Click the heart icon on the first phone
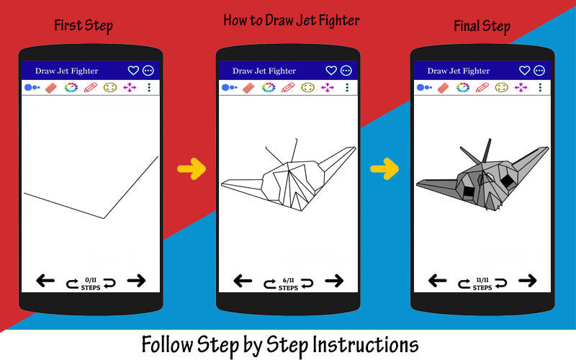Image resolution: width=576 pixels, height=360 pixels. click(x=133, y=71)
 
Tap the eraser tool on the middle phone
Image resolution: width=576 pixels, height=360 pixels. click(x=248, y=88)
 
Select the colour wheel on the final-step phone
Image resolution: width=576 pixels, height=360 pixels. click(x=463, y=87)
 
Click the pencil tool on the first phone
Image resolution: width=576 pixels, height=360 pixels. click(x=91, y=87)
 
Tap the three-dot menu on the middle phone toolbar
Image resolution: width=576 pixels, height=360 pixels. click(x=347, y=87)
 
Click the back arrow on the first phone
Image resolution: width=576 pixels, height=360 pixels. click(x=45, y=281)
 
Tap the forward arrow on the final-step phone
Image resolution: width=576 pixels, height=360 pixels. click(x=528, y=281)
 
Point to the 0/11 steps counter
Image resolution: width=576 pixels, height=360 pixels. click(x=91, y=284)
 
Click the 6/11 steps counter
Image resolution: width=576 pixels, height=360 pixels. click(x=289, y=284)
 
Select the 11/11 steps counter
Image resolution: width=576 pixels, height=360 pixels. click(x=482, y=284)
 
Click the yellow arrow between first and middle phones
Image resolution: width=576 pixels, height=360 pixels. click(x=192, y=169)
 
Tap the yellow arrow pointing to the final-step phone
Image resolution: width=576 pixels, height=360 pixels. click(x=384, y=169)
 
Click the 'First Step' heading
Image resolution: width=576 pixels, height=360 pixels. click(x=84, y=26)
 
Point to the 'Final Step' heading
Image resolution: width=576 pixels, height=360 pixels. click(x=482, y=27)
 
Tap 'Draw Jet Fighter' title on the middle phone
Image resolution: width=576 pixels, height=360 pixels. click(x=264, y=71)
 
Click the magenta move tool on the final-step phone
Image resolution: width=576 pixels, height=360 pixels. click(x=521, y=87)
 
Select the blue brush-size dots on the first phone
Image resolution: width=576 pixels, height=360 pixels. click(x=32, y=87)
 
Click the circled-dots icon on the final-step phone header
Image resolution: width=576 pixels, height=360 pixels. click(x=539, y=71)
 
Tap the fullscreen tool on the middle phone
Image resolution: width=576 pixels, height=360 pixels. click(x=308, y=87)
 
